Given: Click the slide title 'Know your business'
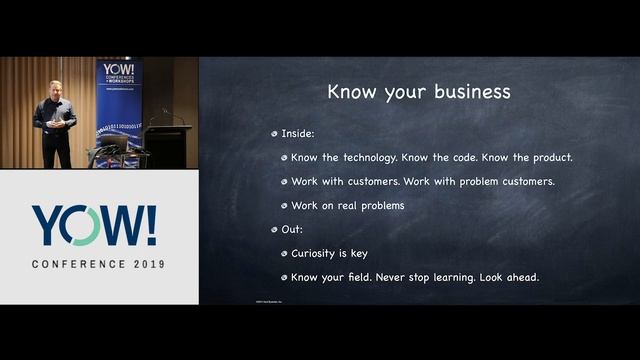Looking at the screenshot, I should (x=419, y=92).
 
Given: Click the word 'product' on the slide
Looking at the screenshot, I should (x=547, y=157).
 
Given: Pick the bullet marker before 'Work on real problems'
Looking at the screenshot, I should (x=284, y=206).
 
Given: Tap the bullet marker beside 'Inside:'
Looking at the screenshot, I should (x=275, y=133).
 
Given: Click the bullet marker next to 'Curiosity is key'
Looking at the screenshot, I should (x=284, y=253).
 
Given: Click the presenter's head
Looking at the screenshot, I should (x=55, y=88).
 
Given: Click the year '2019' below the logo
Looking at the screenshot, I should (x=147, y=264).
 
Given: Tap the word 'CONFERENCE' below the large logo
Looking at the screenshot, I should (x=77, y=264).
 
